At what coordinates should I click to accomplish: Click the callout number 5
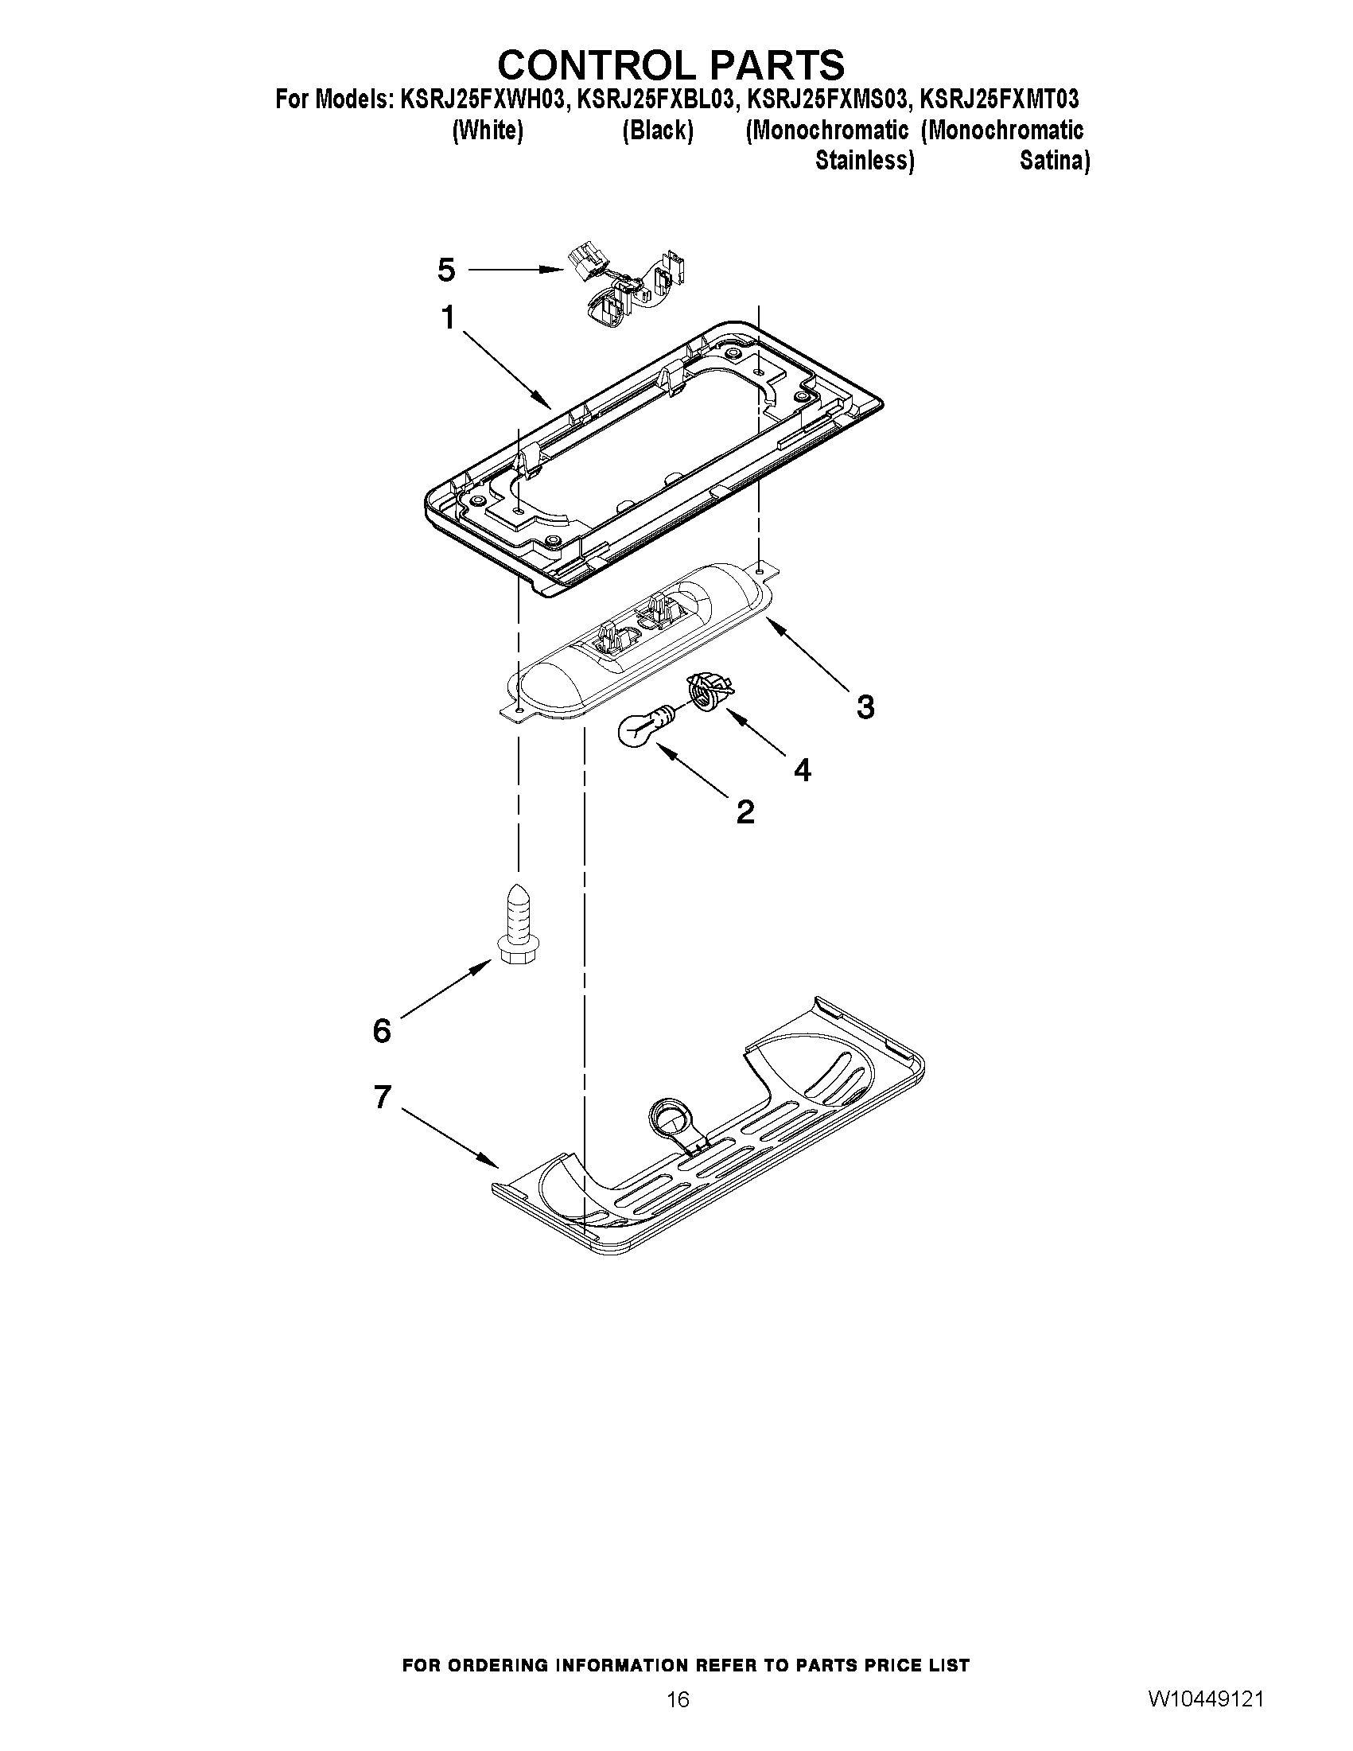(x=446, y=270)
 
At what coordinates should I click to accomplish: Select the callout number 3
(x=865, y=707)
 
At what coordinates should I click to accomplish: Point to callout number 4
(x=802, y=770)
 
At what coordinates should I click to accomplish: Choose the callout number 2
(x=745, y=812)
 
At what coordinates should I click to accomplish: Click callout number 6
(x=382, y=1030)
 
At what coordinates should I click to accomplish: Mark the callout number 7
(x=383, y=1097)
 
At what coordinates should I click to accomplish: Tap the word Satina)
(x=1054, y=161)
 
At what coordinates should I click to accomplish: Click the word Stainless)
(x=864, y=161)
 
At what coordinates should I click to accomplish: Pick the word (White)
(x=488, y=130)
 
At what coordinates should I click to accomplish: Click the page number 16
(x=678, y=1698)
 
